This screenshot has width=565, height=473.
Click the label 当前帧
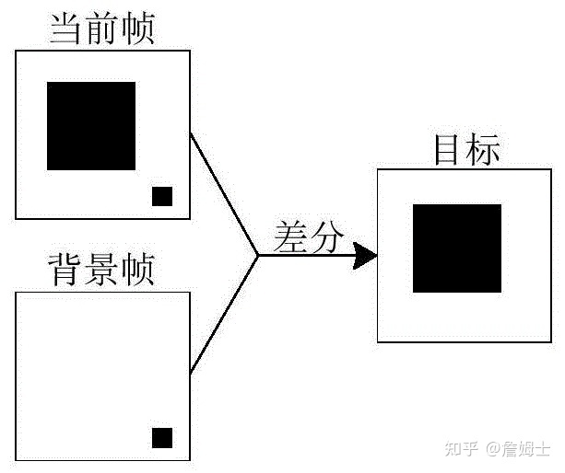point(101,28)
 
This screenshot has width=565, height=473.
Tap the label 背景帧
point(101,271)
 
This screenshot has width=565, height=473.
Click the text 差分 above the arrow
point(308,236)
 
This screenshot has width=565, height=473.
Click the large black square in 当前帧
point(91,125)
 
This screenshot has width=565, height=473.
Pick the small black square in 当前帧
point(162,196)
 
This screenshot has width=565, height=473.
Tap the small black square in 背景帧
point(162,438)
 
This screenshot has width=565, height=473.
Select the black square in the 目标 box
point(457,248)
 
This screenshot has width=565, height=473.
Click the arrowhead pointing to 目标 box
point(366,256)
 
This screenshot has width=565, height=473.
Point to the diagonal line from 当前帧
point(223,194)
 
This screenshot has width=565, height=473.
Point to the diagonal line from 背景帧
point(223,315)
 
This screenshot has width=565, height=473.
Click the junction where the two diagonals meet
point(257,256)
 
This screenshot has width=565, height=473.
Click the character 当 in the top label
point(66,28)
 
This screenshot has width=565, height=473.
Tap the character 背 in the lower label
point(66,271)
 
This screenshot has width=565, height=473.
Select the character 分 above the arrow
point(325,236)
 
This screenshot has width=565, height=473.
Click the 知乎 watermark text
point(461,449)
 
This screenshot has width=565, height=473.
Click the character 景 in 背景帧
point(101,271)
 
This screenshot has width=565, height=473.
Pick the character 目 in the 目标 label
point(449,150)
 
